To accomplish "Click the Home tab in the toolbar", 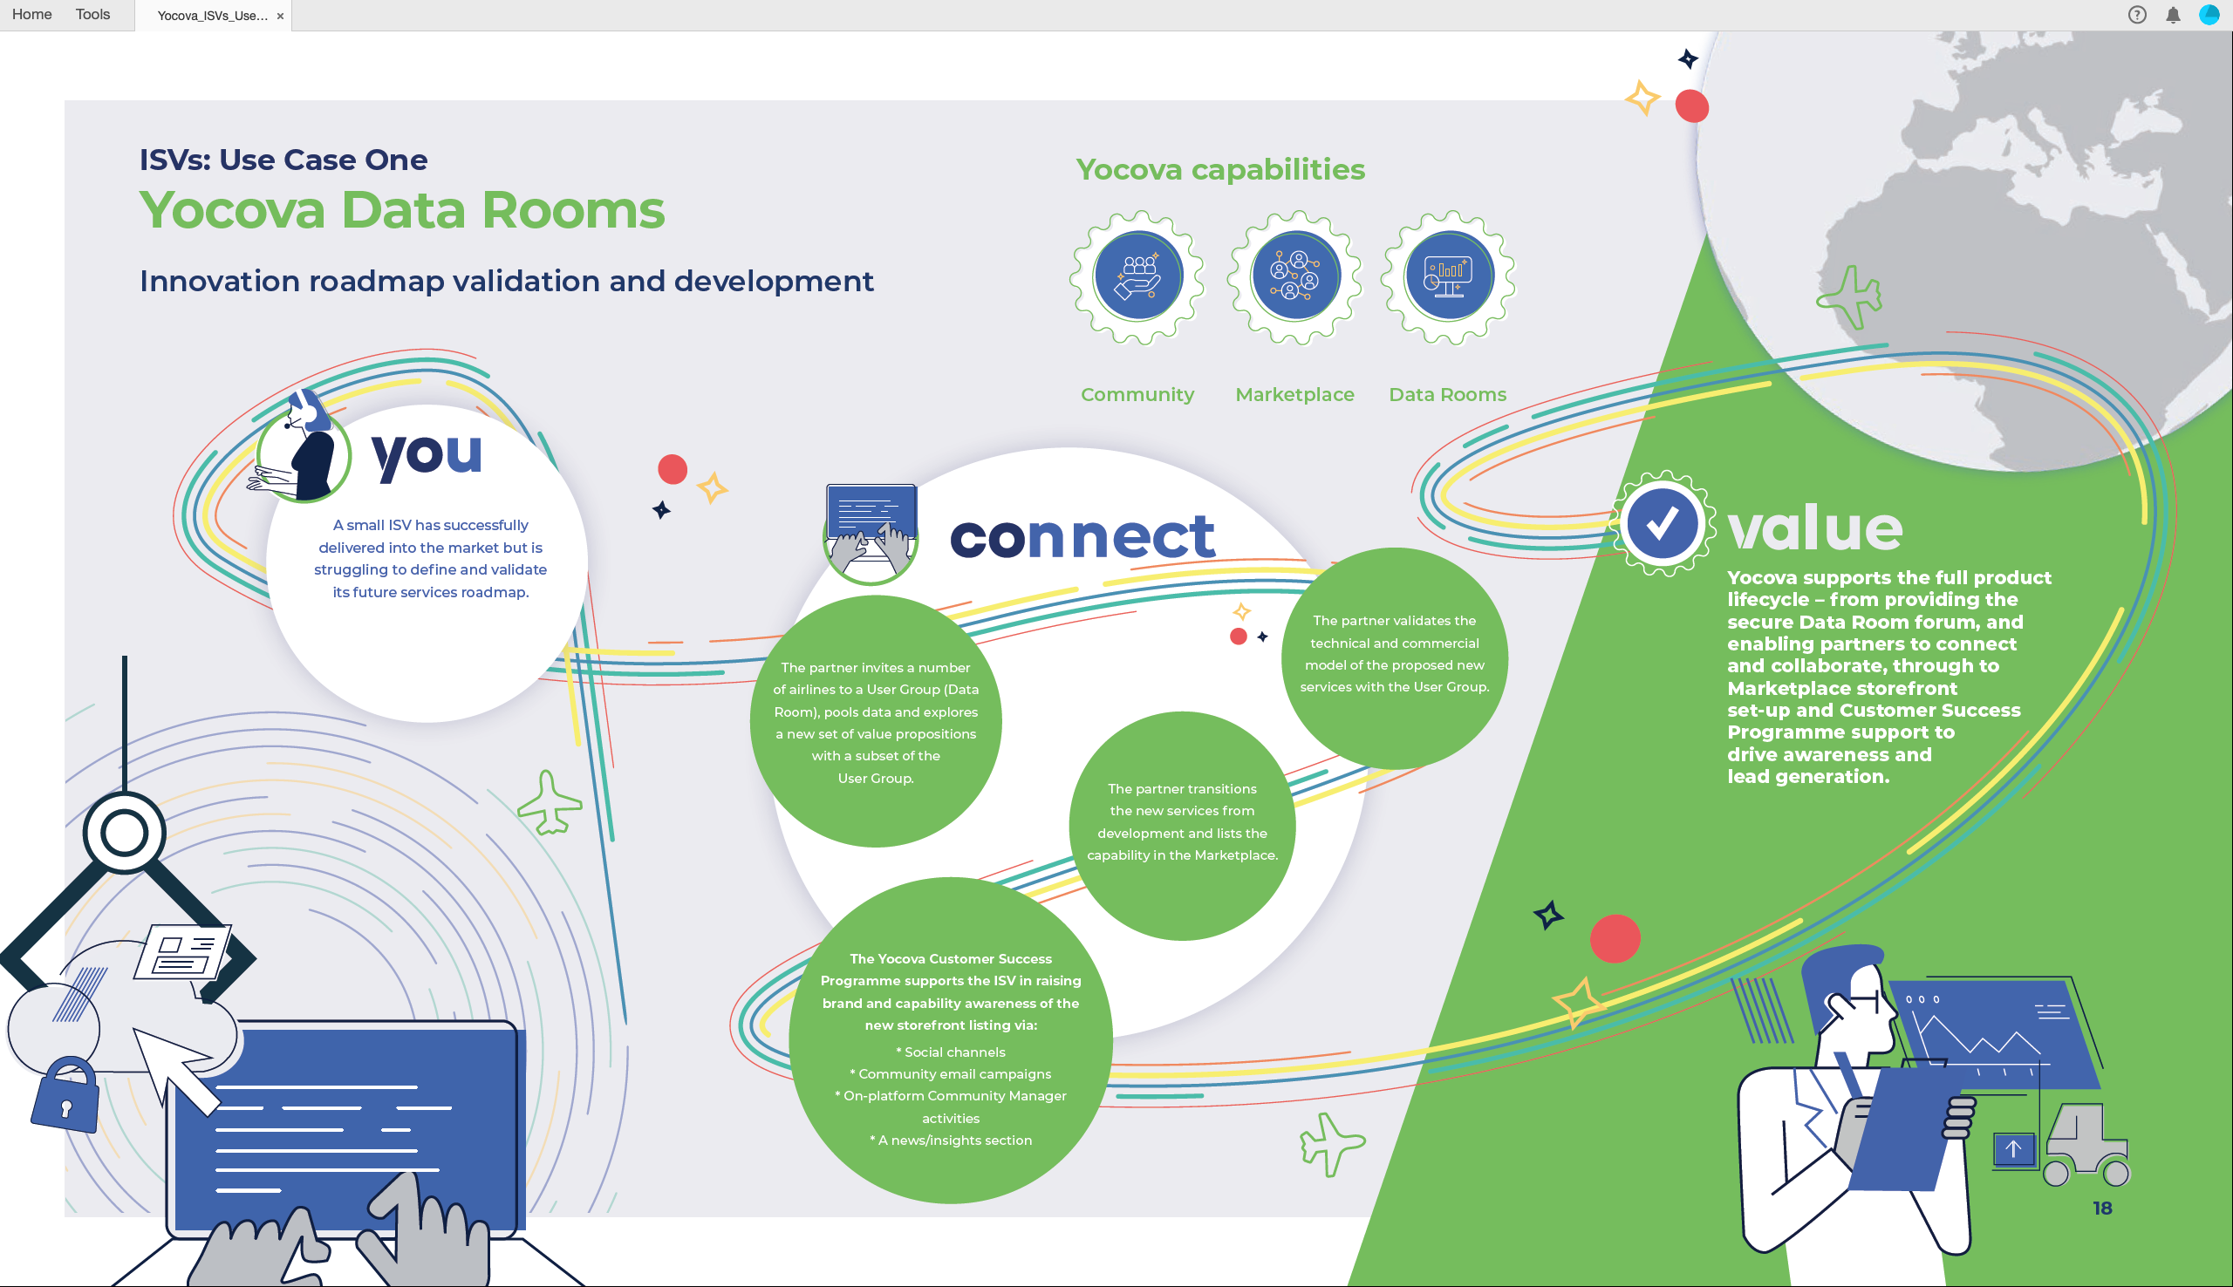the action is coord(31,14).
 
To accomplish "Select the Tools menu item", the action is coord(92,14).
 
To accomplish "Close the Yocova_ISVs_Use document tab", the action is coord(280,16).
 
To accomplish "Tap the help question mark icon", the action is coord(2137,14).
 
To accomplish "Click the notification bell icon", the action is coord(2173,14).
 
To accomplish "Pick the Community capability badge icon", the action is coord(1137,276).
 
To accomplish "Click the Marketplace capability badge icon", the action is coord(1295,276).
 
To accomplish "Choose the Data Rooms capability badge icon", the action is coord(1448,276).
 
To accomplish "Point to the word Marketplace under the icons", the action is coord(1294,394).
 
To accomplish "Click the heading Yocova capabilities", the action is coord(1220,169).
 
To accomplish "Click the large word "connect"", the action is coord(1082,536).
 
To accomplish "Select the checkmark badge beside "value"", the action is coord(1662,523).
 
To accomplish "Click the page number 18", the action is coord(2102,1208).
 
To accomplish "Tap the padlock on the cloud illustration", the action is coord(66,1096).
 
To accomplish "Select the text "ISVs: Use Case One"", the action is coord(283,159).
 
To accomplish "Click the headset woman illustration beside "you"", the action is coord(301,449).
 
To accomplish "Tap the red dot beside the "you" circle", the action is coord(673,469).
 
